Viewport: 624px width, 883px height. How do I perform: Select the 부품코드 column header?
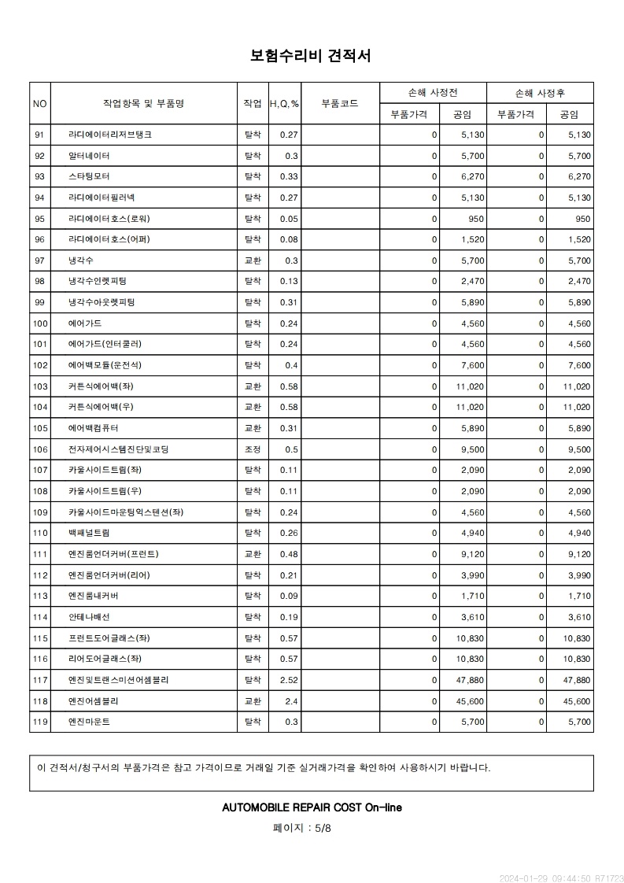[340, 103]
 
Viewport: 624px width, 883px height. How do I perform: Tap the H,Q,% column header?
[284, 103]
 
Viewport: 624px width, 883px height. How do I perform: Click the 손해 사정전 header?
[433, 93]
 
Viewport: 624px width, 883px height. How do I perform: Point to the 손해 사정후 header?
[540, 93]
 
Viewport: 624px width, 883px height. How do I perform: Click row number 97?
[40, 260]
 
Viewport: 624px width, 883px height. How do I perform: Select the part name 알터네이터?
[89, 156]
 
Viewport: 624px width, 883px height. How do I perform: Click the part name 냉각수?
[81, 260]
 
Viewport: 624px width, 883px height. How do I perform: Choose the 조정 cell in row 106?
[253, 449]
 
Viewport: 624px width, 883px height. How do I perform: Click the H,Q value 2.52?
[289, 680]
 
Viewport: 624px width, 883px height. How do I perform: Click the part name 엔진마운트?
[89, 722]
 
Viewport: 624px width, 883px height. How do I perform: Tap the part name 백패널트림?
[89, 533]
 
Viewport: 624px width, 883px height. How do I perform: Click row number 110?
[40, 533]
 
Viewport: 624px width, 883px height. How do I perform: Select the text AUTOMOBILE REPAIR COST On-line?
[312, 807]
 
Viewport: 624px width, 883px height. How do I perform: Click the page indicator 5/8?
[323, 828]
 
